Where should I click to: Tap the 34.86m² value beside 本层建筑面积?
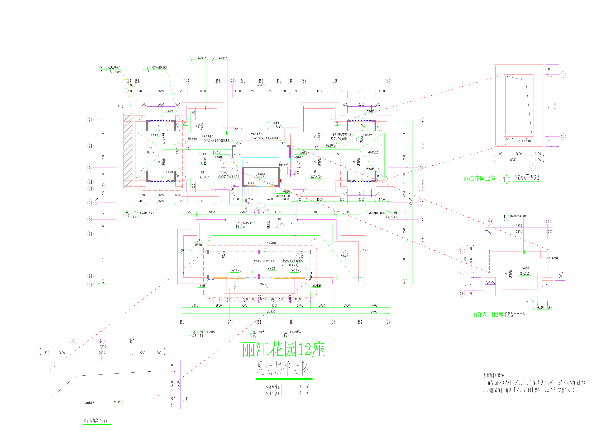coord(302,387)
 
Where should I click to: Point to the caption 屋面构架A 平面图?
coord(96,421)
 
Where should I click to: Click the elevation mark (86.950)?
coord(118,402)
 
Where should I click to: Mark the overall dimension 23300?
coord(271,311)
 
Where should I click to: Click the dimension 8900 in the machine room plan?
coord(519,225)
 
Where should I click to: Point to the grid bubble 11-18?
coord(129,81)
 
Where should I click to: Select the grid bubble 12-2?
coord(182,322)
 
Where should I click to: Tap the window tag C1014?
coord(251,183)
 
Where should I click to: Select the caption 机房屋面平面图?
coord(515,314)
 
